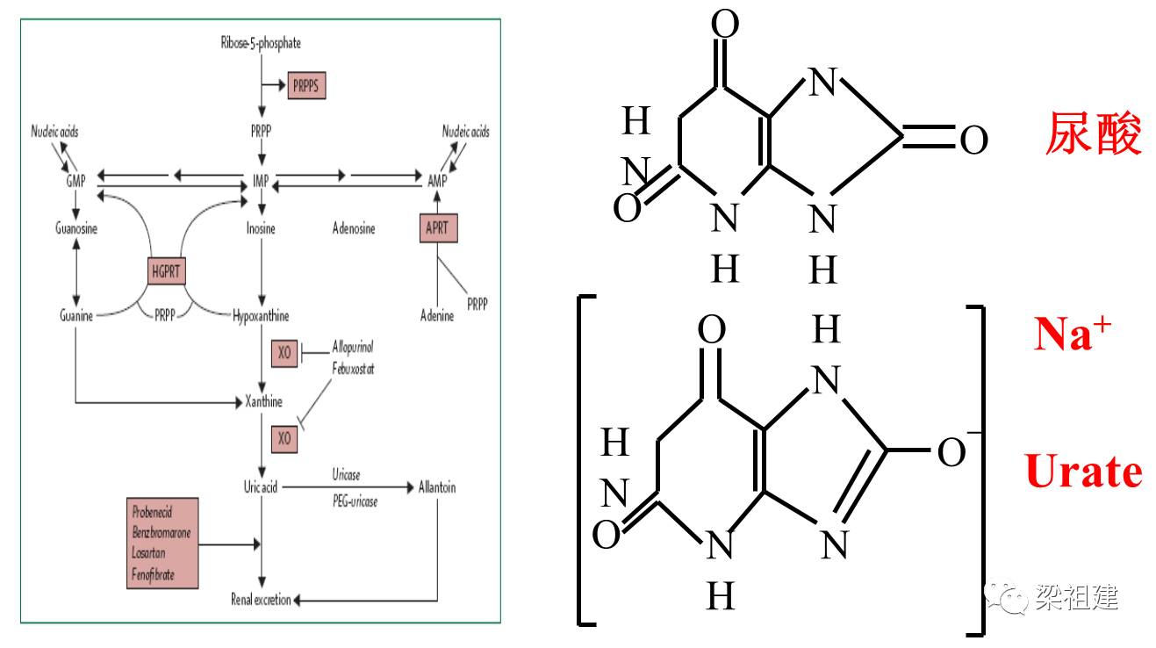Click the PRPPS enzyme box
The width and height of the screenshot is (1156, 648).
tap(307, 86)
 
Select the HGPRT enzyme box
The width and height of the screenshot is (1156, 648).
tap(166, 271)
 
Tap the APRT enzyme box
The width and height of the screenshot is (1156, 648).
tap(437, 228)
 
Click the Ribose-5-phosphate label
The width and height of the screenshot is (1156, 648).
tap(261, 43)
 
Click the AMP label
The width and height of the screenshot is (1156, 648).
tap(437, 181)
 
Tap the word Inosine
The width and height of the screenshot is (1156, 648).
tap(261, 229)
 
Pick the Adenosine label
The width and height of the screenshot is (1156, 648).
tap(354, 229)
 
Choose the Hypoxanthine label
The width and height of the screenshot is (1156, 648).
tap(261, 315)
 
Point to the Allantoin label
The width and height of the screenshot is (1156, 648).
tap(437, 487)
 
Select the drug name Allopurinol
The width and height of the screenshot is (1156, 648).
tap(353, 349)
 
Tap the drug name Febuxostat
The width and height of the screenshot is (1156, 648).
tap(353, 370)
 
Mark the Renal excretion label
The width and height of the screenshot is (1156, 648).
tap(261, 600)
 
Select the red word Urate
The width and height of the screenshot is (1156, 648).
tap(1084, 472)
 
